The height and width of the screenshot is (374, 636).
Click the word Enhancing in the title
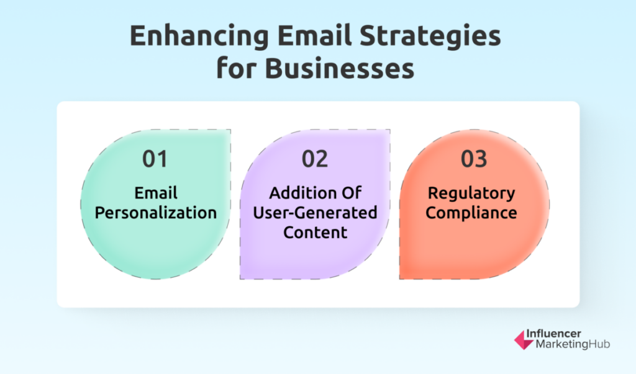point(199,37)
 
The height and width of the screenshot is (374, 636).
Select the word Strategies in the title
point(430,37)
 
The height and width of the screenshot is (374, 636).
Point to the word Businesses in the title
point(340,68)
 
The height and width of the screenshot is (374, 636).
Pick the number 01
point(155,159)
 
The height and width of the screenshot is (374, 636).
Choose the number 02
point(315,159)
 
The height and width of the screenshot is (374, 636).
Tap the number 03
point(474,159)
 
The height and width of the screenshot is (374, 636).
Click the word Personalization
point(156,213)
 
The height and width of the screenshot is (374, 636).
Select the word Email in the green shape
point(156,193)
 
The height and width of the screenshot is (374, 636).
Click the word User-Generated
point(315,213)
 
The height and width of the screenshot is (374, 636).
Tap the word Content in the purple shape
point(315,232)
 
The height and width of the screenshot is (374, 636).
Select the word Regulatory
point(471,194)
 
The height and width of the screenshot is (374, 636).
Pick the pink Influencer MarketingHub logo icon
point(524,339)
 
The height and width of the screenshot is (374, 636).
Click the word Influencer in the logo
point(553,334)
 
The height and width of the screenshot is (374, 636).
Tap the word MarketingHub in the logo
point(573,344)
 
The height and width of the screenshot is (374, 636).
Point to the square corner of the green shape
point(230,130)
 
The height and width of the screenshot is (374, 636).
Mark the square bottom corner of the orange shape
point(399,278)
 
